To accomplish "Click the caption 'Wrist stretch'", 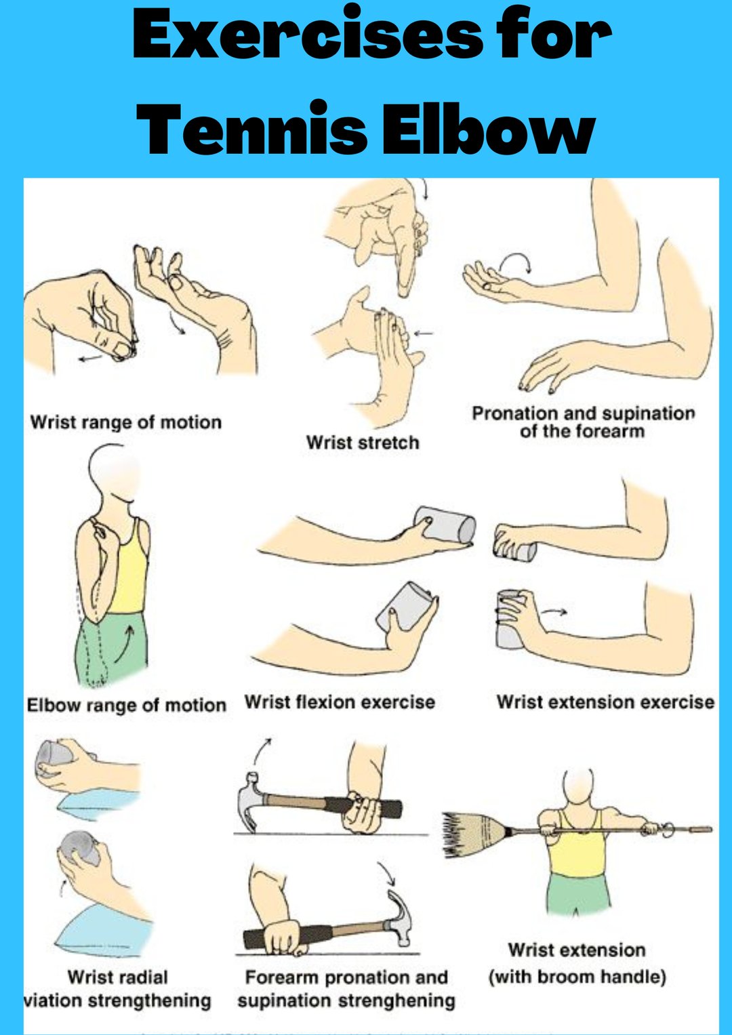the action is (363, 443).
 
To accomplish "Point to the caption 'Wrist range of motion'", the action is (125, 422).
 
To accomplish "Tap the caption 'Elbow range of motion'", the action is (126, 705).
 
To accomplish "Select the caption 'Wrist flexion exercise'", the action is (340, 702).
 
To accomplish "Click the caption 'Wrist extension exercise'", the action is (605, 702).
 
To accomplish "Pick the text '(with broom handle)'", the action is (577, 977).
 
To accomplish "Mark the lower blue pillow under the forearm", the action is (102, 928).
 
